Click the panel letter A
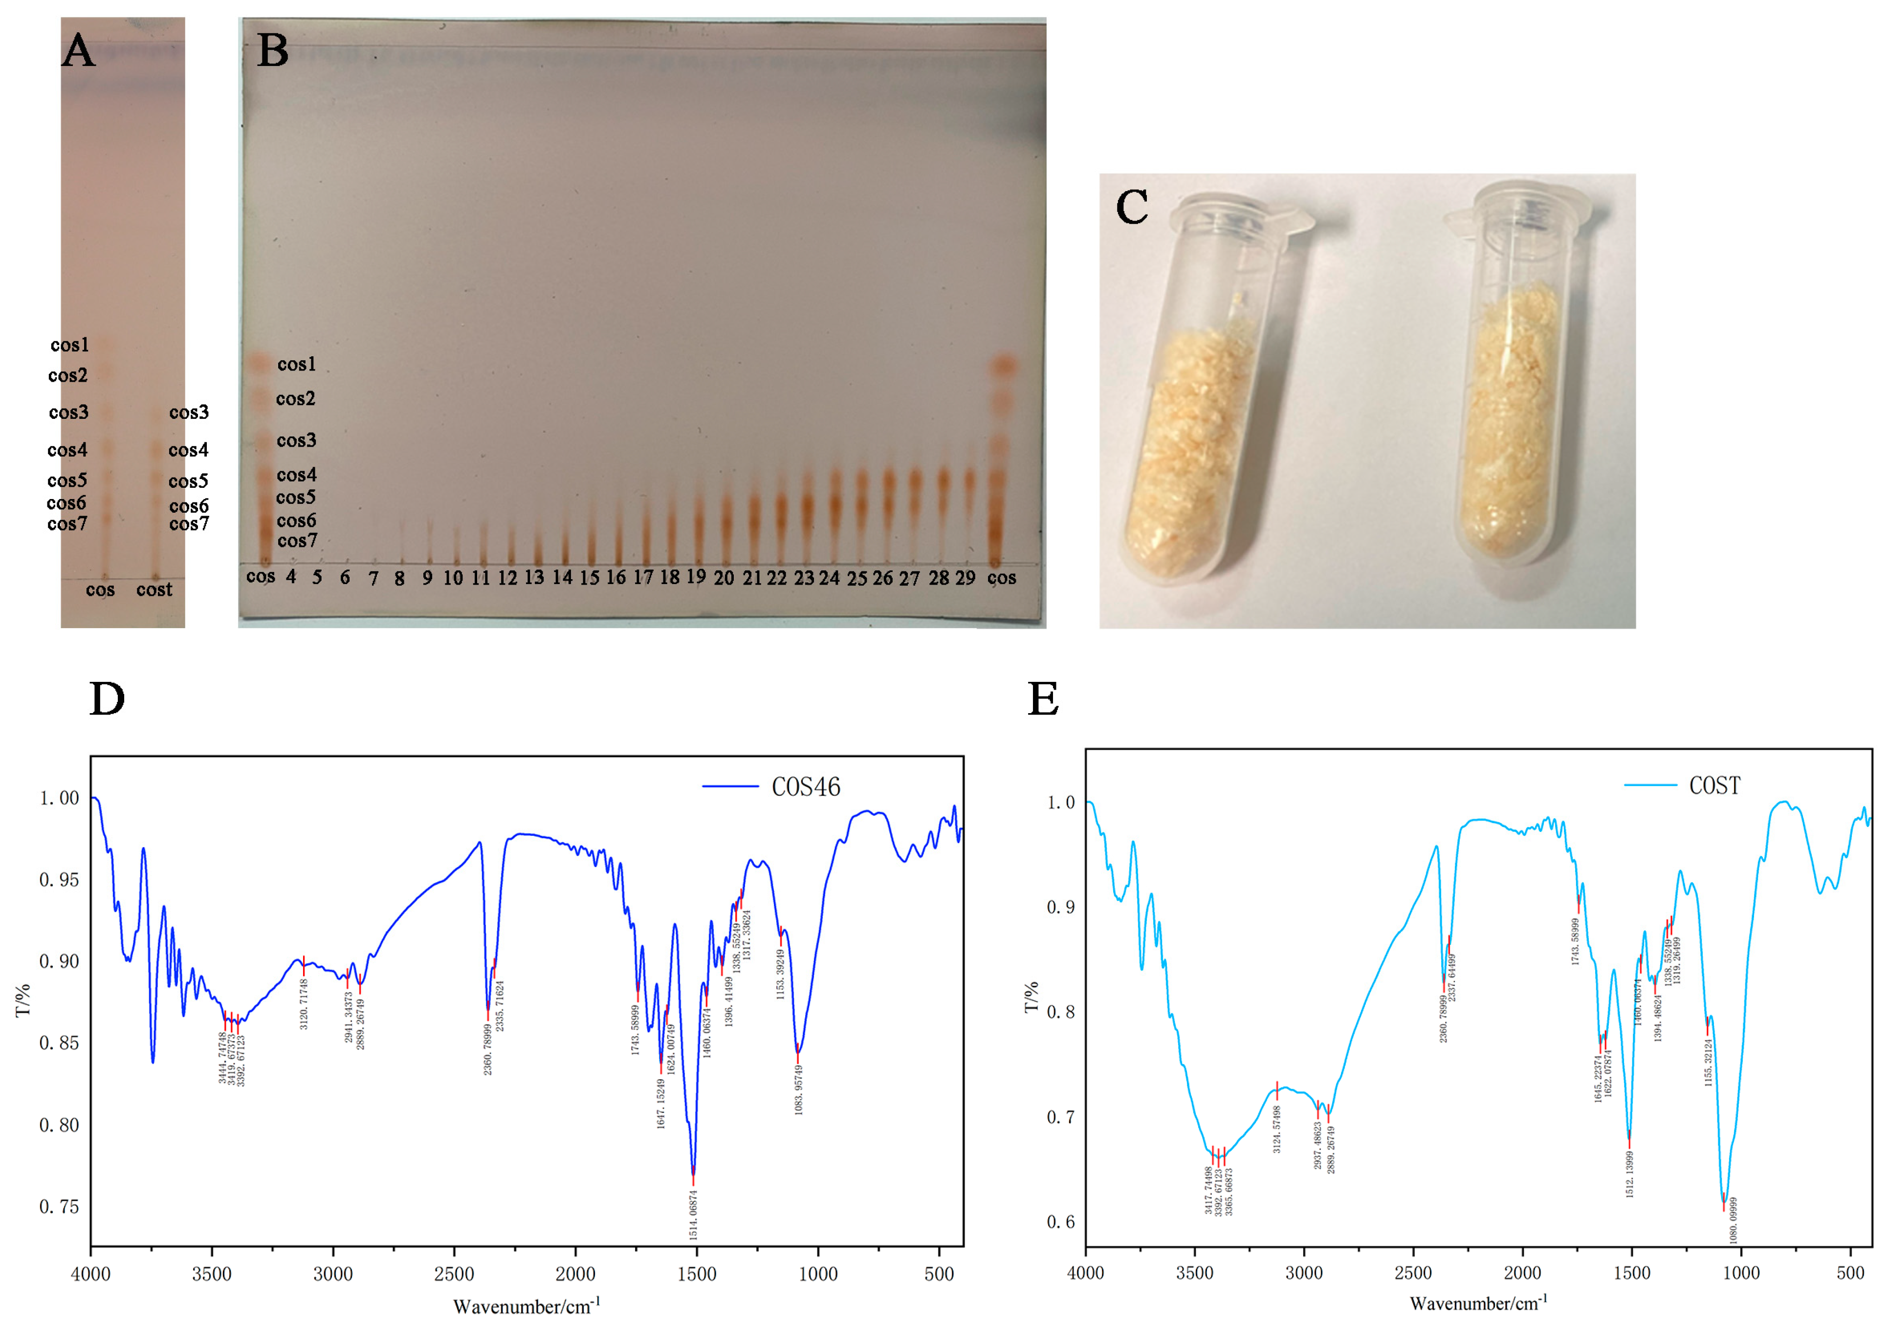(x=78, y=51)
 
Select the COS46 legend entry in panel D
(x=805, y=787)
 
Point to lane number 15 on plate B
(x=589, y=578)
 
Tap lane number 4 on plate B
(x=291, y=576)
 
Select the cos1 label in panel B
(x=296, y=364)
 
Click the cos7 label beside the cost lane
(x=189, y=524)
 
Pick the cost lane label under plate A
(x=154, y=589)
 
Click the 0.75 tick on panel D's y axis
(x=59, y=1206)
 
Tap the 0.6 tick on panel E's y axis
(x=1060, y=1222)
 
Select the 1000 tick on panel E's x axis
(x=1741, y=1273)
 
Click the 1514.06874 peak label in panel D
(x=693, y=1214)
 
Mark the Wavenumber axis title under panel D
(x=527, y=1307)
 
